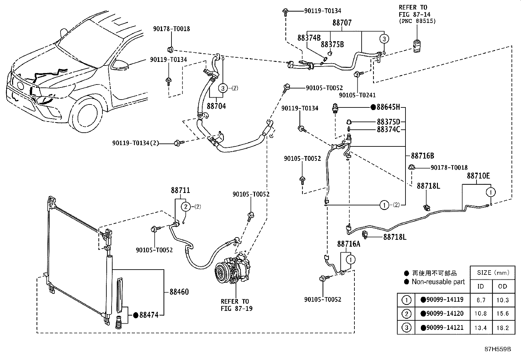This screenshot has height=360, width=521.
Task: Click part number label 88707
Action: coord(342,23)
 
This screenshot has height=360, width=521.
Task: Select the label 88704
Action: coord(216,106)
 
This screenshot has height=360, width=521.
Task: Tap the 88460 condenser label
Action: coord(179,292)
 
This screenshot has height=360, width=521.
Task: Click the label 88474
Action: coord(149,315)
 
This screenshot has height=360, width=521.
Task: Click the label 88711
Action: coord(180,190)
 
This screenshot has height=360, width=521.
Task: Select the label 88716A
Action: coord(349,244)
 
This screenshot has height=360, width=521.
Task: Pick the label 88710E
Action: coord(478,176)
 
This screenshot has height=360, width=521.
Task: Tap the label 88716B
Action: coord(422,156)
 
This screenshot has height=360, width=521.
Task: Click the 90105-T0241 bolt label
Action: coord(357,95)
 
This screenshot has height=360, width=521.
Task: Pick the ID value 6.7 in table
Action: coord(481,300)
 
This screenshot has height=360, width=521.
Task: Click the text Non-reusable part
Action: coord(438,282)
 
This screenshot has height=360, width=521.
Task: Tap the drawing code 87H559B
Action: coord(497,349)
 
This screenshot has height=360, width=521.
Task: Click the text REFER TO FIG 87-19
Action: coord(236,305)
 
